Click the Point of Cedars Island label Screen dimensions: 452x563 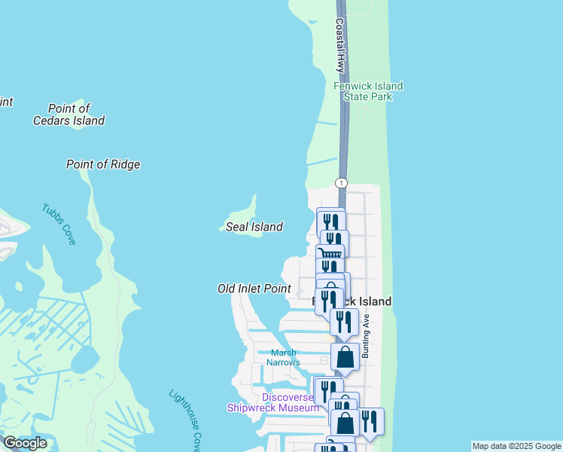68,115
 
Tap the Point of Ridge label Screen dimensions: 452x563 103,164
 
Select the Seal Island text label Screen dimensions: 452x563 254,227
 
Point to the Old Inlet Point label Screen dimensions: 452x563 254,289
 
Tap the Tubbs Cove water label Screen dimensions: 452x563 59,224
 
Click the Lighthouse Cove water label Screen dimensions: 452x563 185,418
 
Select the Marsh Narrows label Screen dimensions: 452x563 283,357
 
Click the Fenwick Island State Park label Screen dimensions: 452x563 368,91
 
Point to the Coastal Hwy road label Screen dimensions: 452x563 340,45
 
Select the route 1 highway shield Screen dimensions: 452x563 342,183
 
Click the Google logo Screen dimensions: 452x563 25,443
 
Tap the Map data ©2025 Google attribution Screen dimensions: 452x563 516,446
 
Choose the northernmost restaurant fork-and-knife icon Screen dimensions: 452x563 330,221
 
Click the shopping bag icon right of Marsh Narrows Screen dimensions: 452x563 345,356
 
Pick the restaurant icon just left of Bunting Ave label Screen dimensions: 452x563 343,322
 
